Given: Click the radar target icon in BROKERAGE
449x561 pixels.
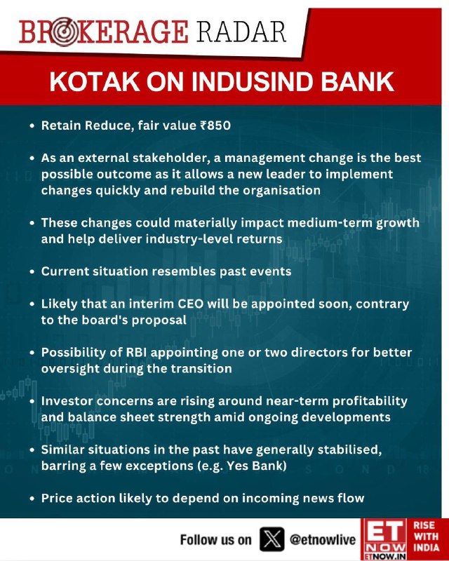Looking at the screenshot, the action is click(63, 32).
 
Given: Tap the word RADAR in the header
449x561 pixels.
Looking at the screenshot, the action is click(241, 32).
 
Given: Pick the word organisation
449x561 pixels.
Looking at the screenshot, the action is click(281, 190).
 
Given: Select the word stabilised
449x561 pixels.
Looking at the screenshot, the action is click(349, 450).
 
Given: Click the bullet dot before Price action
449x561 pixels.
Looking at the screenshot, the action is click(32, 499).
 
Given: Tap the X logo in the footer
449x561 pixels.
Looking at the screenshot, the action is click(272, 539).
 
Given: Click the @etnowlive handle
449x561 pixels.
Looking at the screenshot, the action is click(323, 540).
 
